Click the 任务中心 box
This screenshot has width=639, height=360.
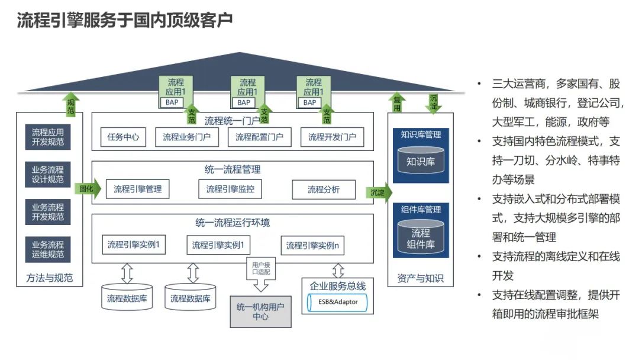[124, 137]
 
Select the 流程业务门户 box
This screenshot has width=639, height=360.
[187, 137]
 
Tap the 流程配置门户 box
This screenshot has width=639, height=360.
[259, 137]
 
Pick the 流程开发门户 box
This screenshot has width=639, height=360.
[332, 137]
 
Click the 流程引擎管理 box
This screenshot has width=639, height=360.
[137, 189]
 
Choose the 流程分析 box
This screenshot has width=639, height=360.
[324, 189]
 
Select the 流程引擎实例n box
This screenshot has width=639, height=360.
[312, 245]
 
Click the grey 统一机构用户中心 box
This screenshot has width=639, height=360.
[260, 311]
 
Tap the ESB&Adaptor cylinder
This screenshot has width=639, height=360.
[338, 303]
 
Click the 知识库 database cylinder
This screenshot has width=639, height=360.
[421, 160]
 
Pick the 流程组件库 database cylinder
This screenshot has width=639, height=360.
[421, 238]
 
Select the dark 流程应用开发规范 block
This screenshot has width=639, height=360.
[48, 137]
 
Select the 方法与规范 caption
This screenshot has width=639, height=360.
[50, 278]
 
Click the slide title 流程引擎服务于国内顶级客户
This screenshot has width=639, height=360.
[124, 21]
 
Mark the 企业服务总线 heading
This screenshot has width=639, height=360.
[338, 286]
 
